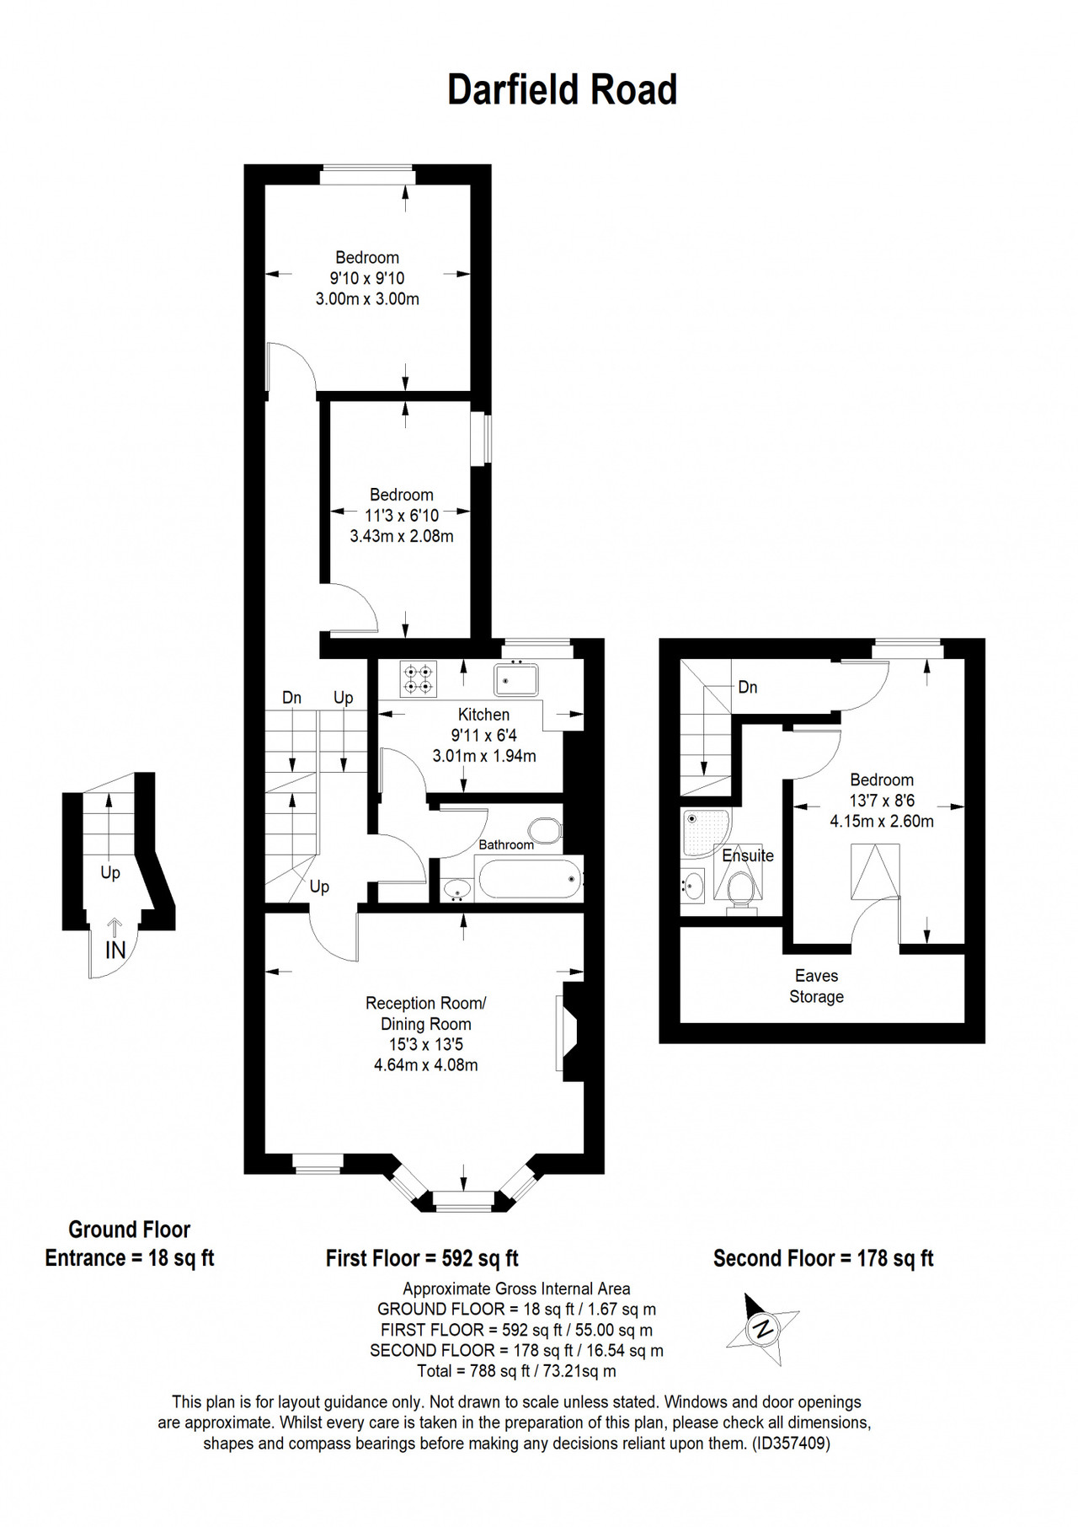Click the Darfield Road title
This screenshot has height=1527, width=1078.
click(x=562, y=90)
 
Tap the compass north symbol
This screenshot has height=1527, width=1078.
click(x=762, y=1329)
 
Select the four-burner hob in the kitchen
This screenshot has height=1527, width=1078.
click(x=419, y=679)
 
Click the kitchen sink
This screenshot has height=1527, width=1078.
click(x=516, y=679)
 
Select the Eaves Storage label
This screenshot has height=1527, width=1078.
click(x=816, y=986)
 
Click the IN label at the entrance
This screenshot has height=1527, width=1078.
click(x=115, y=951)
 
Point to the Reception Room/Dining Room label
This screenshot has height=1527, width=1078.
click(x=426, y=1014)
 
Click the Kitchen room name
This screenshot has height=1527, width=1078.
click(x=483, y=715)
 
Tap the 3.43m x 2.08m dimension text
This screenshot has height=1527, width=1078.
click(x=402, y=536)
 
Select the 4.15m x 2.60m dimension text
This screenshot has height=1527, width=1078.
click(x=882, y=821)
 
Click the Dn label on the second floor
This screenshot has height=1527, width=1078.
click(x=748, y=688)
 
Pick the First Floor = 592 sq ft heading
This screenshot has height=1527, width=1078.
click(x=422, y=1259)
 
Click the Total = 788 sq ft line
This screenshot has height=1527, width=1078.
click(x=516, y=1371)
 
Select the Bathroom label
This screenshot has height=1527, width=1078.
click(x=506, y=845)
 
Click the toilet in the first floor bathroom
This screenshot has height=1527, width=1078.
click(x=544, y=830)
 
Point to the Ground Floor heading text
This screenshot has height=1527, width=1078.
click(x=130, y=1230)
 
